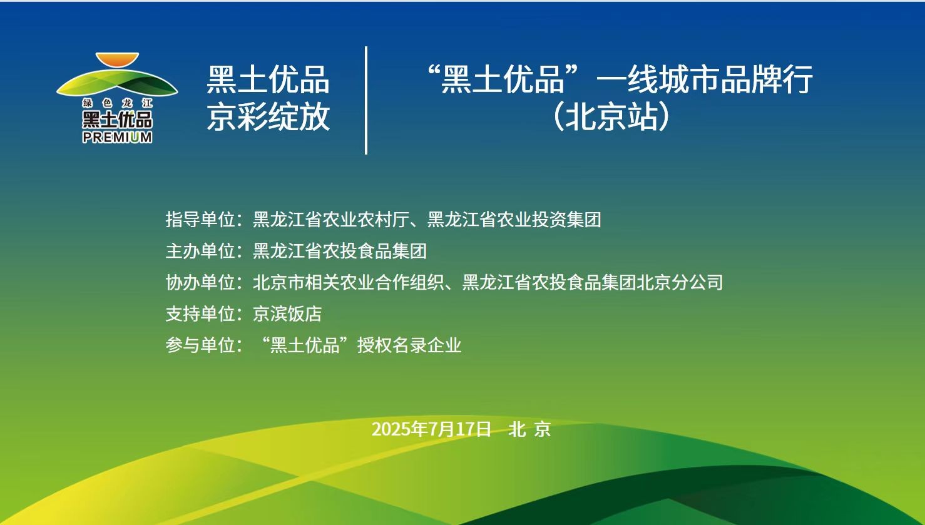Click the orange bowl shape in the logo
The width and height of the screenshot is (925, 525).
117,59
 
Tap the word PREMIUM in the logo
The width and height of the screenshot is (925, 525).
117,137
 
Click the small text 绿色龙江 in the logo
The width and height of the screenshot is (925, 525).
117,103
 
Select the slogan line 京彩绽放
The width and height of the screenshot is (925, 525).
268,117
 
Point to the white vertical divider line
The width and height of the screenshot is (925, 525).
366,100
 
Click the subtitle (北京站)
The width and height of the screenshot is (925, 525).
611,117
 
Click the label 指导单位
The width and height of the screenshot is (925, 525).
200,219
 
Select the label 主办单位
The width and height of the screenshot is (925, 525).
200,251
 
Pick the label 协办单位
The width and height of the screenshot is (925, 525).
200,282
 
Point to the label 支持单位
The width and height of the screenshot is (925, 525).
200,313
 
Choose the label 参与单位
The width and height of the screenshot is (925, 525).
200,345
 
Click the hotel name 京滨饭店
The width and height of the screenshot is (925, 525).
287,313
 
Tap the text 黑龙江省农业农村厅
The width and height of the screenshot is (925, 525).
331,219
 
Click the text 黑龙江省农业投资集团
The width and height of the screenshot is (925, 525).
514,219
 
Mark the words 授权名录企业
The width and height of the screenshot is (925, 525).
409,345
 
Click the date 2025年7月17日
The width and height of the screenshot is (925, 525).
431,429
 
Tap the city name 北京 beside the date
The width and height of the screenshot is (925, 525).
529,429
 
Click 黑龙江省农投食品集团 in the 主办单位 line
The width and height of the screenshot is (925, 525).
339,251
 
